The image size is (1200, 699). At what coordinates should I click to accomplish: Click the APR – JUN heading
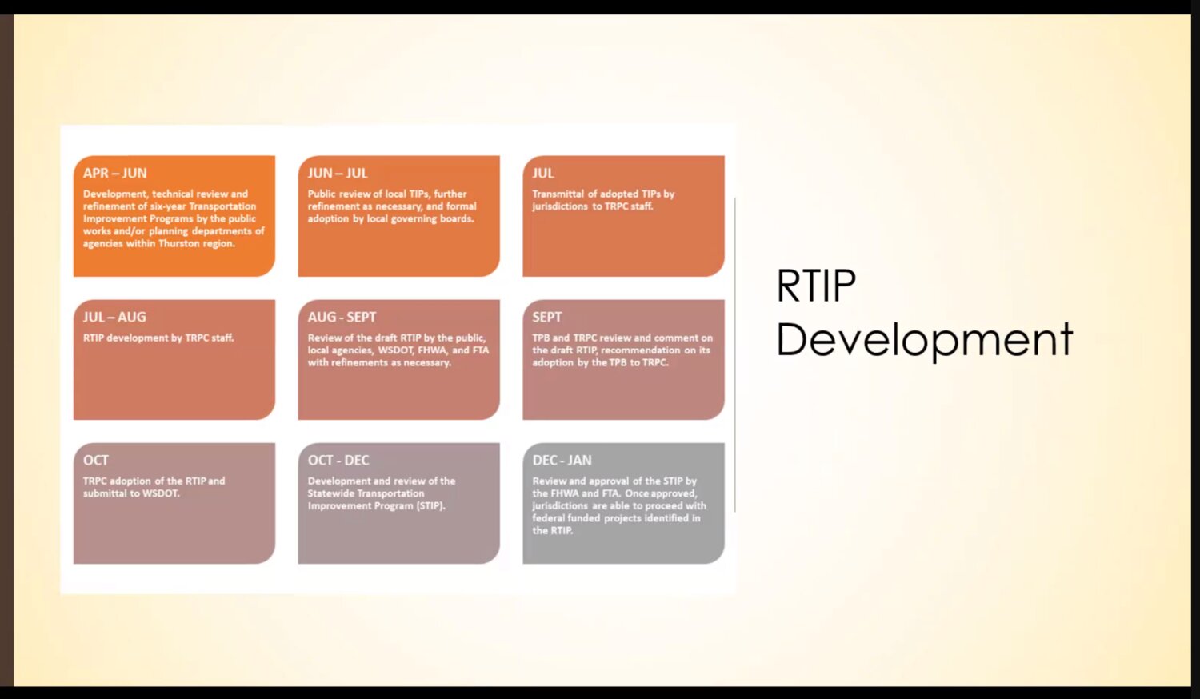click(114, 173)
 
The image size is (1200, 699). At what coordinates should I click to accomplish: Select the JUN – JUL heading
click(338, 173)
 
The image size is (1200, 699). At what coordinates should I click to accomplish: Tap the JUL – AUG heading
click(114, 317)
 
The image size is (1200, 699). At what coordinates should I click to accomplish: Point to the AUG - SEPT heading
click(342, 317)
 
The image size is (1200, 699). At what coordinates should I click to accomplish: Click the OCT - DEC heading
click(338, 460)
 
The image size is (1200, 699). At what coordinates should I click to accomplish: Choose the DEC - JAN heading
click(562, 460)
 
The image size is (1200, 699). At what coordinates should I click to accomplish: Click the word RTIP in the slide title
click(816, 286)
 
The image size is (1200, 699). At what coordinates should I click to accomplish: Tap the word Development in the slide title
click(925, 340)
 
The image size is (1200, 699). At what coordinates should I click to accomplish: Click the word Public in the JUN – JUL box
click(321, 194)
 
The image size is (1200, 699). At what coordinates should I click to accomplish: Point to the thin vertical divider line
click(735, 354)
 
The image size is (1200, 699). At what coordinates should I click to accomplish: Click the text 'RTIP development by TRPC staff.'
click(158, 338)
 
